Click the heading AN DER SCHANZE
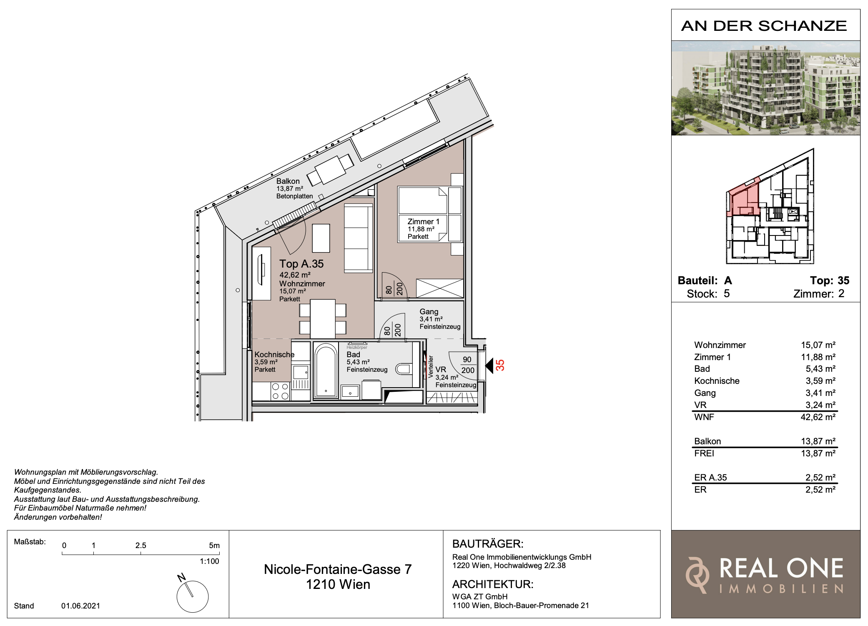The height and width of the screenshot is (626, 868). pos(764,26)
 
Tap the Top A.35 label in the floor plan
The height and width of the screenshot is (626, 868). pos(301,264)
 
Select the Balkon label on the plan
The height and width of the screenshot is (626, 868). pos(288,181)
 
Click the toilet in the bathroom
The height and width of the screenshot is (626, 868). pos(403,368)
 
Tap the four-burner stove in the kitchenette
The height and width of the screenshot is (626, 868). pos(280,391)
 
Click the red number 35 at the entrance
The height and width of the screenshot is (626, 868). pos(500,365)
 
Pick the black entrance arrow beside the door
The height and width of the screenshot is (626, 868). pos(489,366)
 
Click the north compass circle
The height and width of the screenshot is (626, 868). pos(193,596)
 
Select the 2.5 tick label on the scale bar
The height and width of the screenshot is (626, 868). pos(141,545)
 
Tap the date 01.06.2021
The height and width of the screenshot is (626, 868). pos(81,606)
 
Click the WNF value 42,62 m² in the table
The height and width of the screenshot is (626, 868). pos(818,417)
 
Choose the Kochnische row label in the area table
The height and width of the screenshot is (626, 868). pos(717,381)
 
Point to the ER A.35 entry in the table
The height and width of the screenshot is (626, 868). pos(710,478)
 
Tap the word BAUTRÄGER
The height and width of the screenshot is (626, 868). pos(488,544)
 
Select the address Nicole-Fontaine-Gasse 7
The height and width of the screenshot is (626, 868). pos(338,569)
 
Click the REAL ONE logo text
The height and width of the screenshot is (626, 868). pos(781,568)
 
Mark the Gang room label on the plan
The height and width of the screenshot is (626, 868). pos(429,312)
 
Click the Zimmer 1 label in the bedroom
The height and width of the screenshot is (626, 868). pos(424,222)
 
